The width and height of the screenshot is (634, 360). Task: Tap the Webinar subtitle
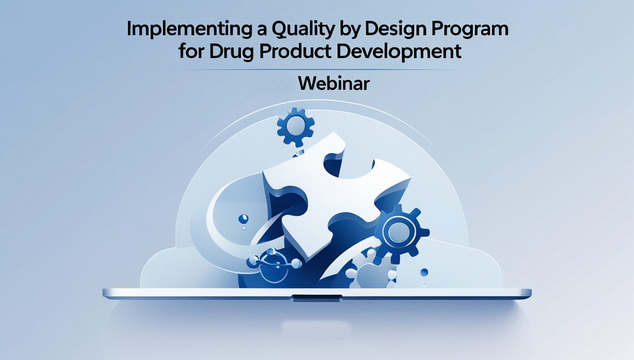(334, 84)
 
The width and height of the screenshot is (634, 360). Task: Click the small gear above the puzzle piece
(296, 127)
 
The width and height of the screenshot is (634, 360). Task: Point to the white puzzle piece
(336, 194)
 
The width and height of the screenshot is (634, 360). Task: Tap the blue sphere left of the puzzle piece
(244, 219)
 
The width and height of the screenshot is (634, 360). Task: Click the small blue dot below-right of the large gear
(424, 272)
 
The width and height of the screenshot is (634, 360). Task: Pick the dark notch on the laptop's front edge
(316, 298)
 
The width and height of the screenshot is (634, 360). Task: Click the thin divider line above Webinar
(311, 70)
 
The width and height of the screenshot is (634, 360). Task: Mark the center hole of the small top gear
(296, 127)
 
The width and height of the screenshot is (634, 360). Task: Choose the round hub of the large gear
(399, 232)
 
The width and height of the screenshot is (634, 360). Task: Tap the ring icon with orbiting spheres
(274, 265)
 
